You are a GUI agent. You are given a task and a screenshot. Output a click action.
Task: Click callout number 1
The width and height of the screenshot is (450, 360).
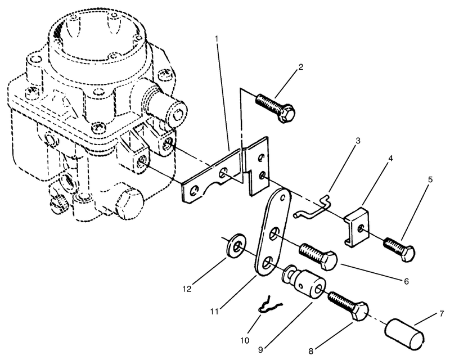tap(217, 38)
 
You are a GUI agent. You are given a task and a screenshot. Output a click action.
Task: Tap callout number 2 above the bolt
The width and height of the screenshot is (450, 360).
tap(300, 67)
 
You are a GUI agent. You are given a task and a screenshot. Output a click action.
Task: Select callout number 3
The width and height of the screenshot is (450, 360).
tap(358, 141)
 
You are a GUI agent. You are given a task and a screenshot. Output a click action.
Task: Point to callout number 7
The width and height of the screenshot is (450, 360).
tap(442, 314)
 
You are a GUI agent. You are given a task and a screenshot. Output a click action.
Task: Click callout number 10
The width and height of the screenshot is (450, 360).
tap(245, 340)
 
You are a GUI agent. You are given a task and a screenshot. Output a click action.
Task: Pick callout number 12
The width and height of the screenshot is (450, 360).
tap(187, 289)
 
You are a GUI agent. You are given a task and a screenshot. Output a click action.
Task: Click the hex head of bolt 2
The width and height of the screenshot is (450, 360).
tap(287, 115)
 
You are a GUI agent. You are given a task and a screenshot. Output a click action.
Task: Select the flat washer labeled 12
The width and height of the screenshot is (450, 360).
tap(236, 246)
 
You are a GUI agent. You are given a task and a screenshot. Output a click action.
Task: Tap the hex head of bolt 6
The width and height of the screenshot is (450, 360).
tap(329, 260)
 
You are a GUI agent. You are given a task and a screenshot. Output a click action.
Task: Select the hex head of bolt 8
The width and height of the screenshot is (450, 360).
tap(360, 312)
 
